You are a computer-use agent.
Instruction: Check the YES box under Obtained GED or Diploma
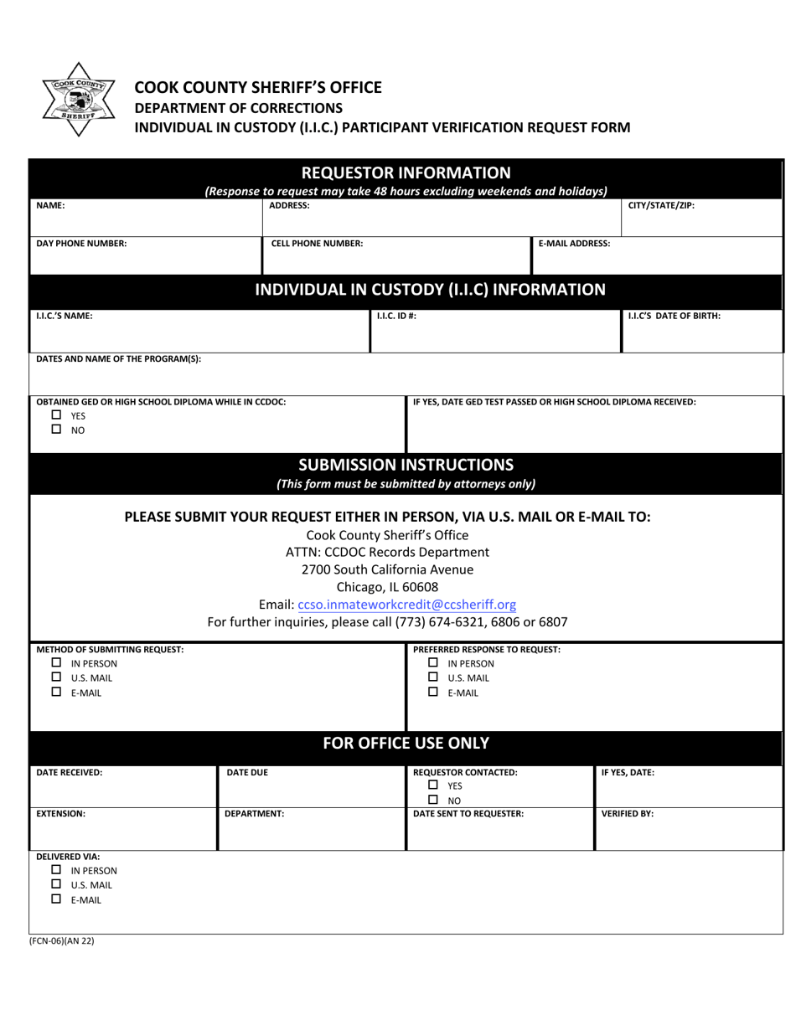tap(57, 415)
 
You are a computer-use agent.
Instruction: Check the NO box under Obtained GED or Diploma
tap(57, 429)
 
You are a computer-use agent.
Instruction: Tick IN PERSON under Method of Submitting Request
tap(57, 663)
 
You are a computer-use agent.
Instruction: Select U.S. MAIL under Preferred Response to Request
tap(434, 677)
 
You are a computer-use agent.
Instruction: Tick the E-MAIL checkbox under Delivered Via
tap(57, 899)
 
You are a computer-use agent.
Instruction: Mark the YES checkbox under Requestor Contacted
tap(434, 785)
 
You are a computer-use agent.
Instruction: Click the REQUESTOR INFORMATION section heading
tap(406, 173)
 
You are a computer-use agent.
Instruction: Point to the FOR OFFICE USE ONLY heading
tap(406, 743)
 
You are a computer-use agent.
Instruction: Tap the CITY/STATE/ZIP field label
tap(661, 205)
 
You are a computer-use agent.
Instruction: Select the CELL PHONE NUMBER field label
tap(317, 244)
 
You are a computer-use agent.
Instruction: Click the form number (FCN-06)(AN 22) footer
tap(63, 940)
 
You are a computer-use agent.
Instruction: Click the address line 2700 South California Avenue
tap(387, 569)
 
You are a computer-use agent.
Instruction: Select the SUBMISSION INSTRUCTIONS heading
tap(406, 465)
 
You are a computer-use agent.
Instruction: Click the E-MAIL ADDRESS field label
tap(574, 244)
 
